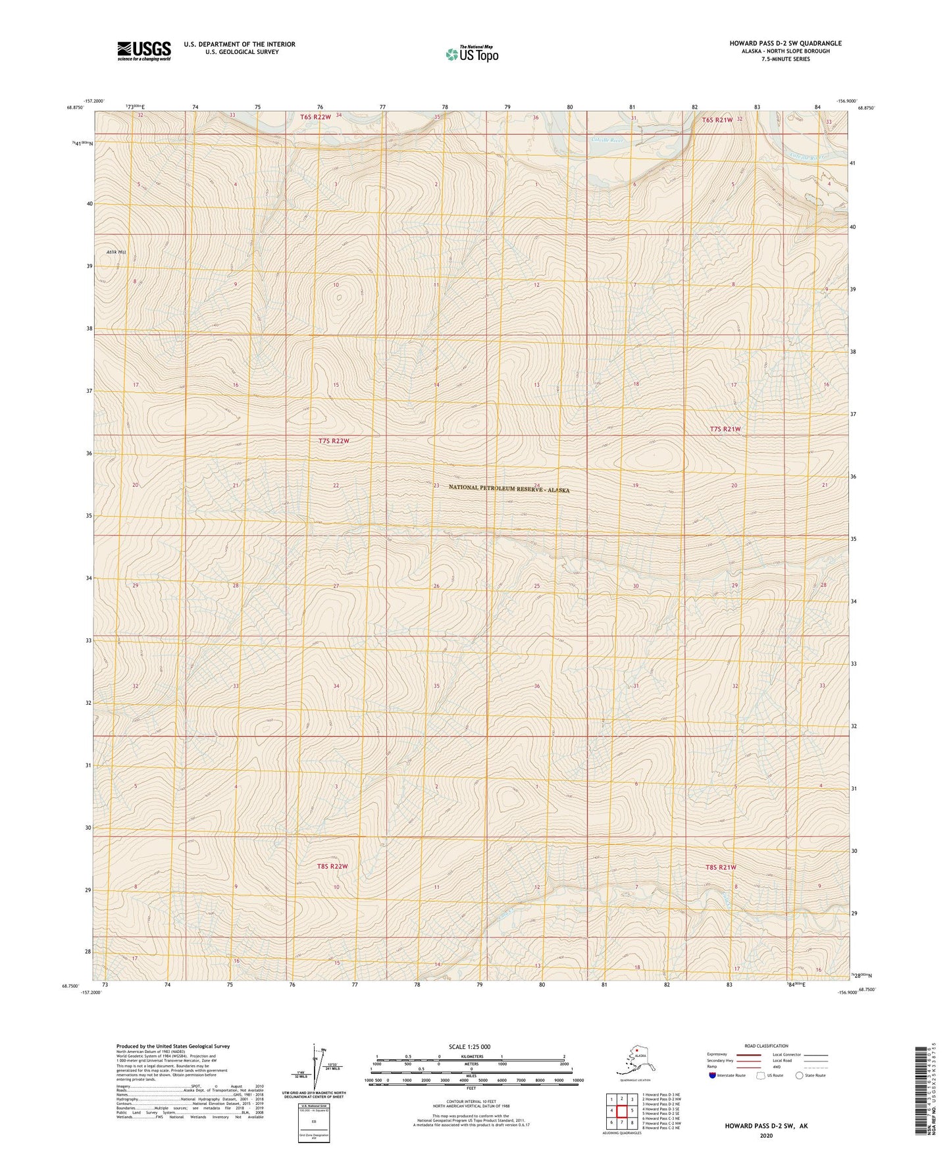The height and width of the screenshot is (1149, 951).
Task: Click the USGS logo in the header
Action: click(x=143, y=51)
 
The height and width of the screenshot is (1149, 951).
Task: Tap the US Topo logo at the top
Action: click(x=471, y=53)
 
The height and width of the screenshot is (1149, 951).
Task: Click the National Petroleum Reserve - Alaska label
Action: click(x=509, y=488)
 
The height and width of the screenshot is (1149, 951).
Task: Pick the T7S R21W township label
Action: click(x=725, y=429)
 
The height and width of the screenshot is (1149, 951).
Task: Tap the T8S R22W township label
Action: click(x=332, y=866)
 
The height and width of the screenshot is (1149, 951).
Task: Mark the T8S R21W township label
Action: click(x=720, y=867)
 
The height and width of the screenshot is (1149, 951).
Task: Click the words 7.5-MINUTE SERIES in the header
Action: click(x=785, y=59)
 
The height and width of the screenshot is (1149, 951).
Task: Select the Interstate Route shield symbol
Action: click(x=713, y=1075)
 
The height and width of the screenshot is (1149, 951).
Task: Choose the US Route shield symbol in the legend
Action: click(x=761, y=1076)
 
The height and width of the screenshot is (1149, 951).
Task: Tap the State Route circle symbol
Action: click(x=799, y=1076)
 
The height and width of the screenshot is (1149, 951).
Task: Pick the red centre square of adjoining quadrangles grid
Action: click(x=622, y=1111)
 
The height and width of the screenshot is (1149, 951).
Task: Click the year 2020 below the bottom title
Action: click(x=766, y=1135)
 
